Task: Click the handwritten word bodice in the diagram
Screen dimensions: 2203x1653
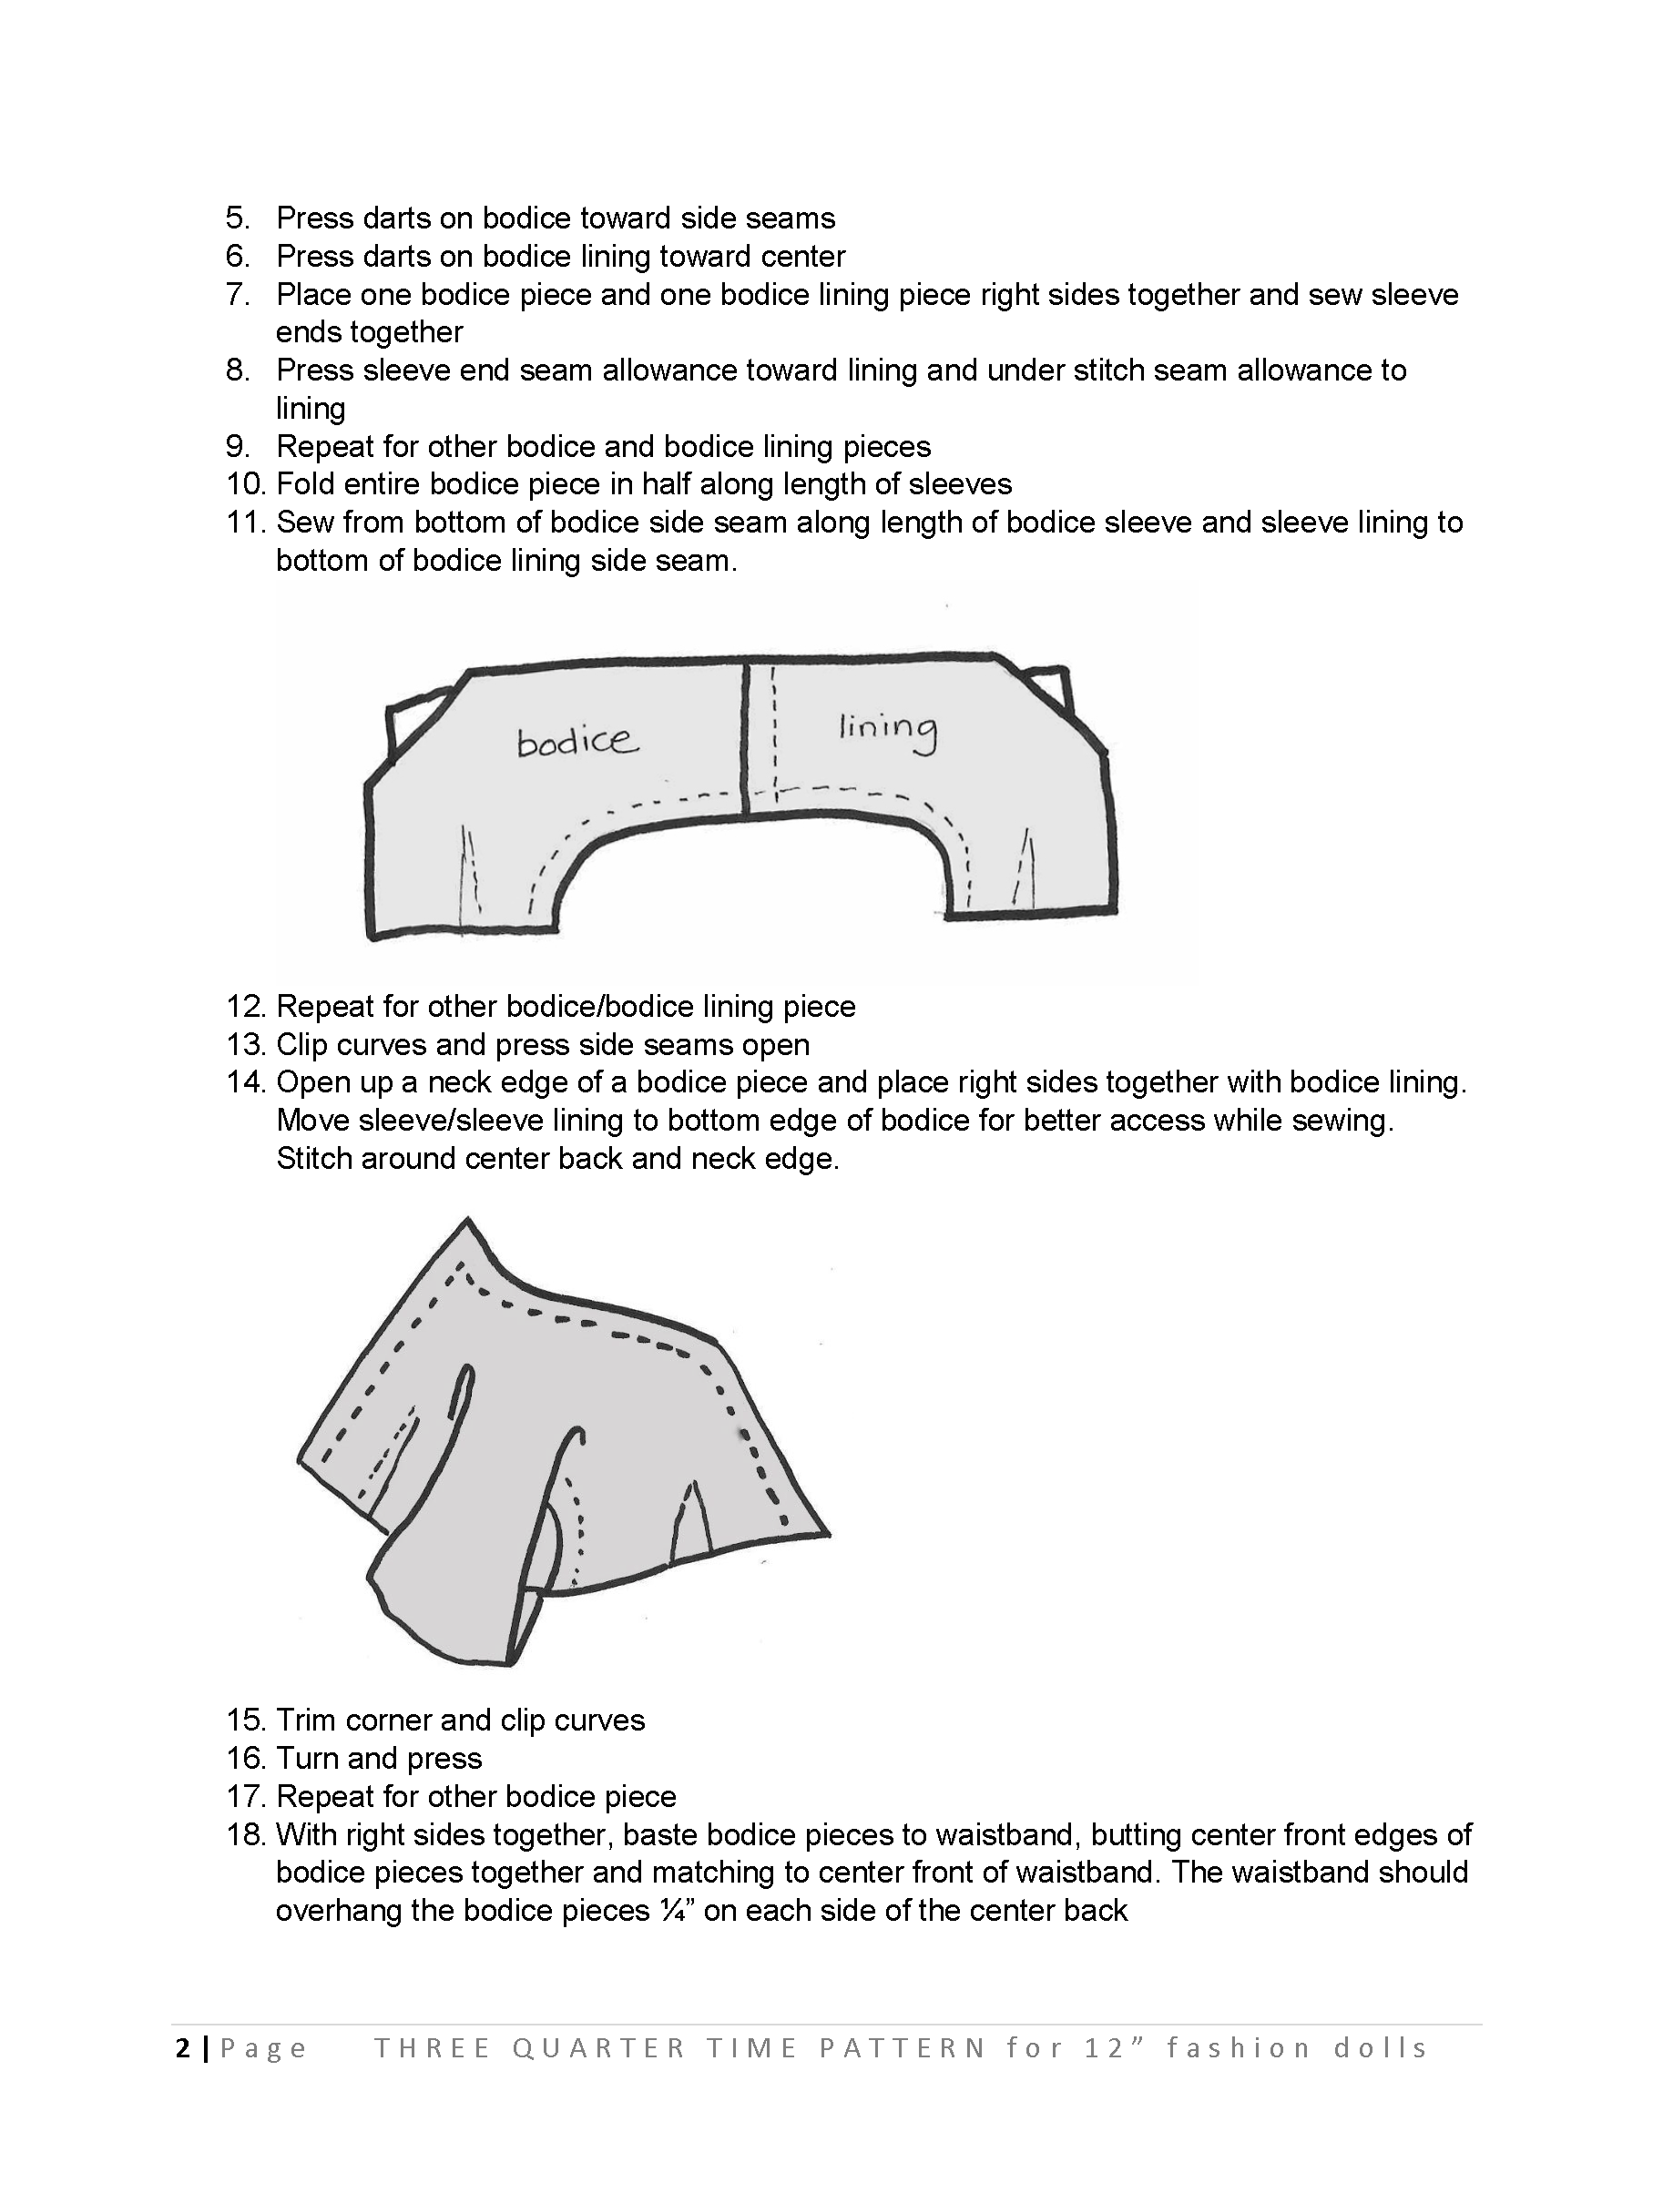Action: point(577,741)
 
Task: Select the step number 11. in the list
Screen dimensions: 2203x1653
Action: point(245,522)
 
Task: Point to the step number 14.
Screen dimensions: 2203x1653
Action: point(245,1081)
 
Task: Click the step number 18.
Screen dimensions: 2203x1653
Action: point(245,1834)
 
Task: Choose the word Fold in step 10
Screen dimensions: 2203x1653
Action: point(305,484)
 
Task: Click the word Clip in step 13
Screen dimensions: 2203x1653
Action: point(303,1044)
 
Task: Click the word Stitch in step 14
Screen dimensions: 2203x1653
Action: point(314,1158)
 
